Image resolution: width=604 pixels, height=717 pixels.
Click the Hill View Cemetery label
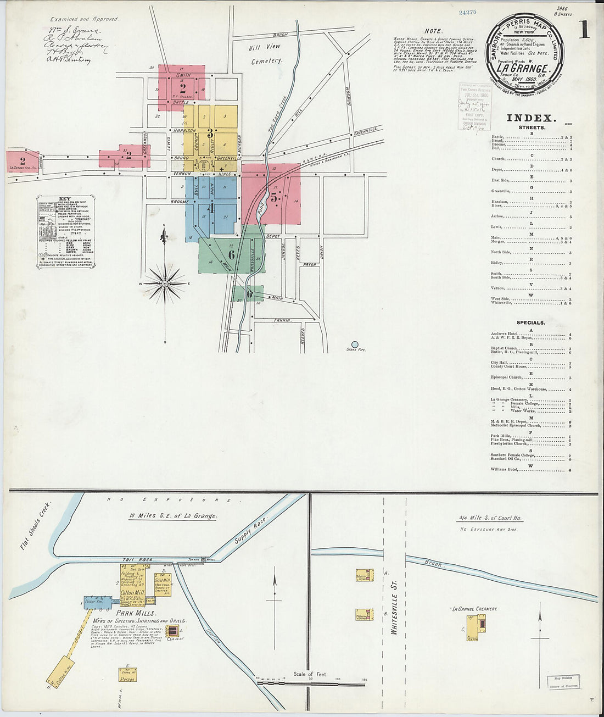tap(265, 54)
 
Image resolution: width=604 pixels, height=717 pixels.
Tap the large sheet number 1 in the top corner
tap(583, 30)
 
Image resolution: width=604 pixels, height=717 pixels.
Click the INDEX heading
tap(531, 118)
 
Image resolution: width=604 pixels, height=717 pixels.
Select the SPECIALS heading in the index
tap(530, 323)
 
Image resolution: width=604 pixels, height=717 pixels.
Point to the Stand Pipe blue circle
tap(355, 344)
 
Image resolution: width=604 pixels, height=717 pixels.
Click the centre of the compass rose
tap(165, 283)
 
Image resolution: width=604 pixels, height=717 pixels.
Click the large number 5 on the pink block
tap(273, 196)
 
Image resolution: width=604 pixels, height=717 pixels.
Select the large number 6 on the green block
tap(232, 254)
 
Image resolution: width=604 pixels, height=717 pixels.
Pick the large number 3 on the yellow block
tap(210, 133)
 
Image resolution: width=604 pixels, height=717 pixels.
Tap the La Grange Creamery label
tap(473, 609)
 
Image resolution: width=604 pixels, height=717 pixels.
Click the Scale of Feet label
tap(310, 674)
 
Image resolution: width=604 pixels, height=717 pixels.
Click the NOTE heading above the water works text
tap(434, 31)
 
